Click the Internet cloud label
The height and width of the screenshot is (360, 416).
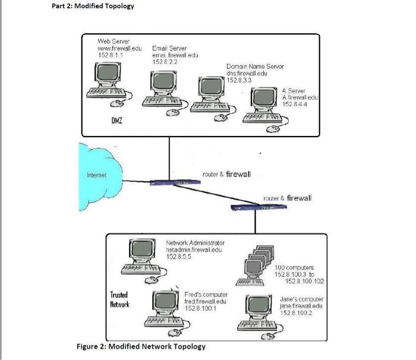point(97,175)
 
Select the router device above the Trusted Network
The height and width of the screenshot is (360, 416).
point(260,206)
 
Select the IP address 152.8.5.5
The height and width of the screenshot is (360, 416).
point(179,257)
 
